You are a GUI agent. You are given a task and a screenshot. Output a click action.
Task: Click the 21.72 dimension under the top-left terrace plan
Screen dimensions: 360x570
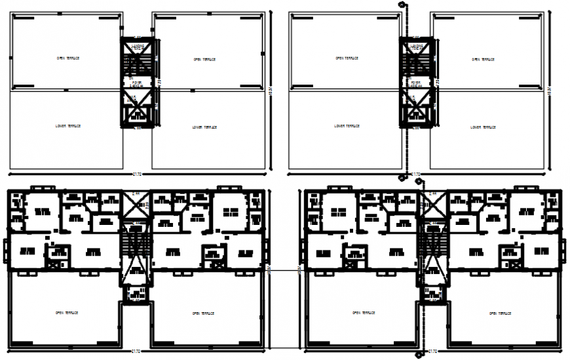point(138,174)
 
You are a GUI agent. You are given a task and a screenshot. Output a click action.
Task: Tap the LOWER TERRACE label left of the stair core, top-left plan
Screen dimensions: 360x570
point(69,126)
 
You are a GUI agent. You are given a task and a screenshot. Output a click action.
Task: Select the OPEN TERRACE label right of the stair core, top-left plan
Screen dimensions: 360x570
point(205,59)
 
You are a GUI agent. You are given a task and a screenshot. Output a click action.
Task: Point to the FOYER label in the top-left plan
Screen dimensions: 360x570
point(137,83)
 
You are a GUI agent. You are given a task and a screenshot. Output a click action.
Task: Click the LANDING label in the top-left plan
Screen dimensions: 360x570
point(138,47)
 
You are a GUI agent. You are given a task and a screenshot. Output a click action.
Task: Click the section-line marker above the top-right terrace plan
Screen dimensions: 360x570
point(401,5)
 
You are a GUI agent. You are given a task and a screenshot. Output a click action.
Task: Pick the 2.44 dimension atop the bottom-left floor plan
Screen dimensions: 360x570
point(137,193)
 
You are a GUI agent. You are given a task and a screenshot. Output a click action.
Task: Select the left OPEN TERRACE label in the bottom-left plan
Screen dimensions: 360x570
point(67,313)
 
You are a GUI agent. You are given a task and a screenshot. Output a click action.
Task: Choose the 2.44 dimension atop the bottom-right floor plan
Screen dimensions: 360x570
point(432,193)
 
